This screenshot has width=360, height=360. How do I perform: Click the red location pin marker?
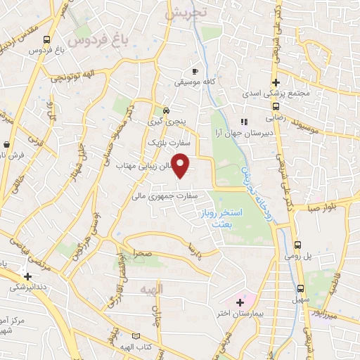[x=181, y=166]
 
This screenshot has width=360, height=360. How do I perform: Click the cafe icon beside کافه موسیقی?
[x=195, y=71]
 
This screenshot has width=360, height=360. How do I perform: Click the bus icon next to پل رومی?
[x=298, y=245]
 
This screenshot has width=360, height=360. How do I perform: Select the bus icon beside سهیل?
[x=301, y=288]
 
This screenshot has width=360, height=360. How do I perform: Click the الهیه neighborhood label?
[x=151, y=290]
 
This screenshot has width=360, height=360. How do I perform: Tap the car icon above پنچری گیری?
[x=166, y=110]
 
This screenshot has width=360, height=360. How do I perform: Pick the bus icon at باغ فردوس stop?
[x=46, y=40]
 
